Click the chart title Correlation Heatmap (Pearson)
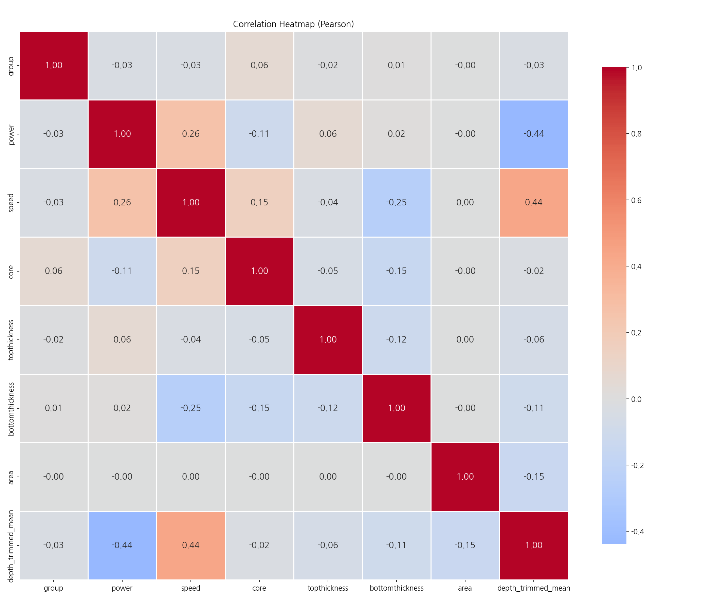(294, 24)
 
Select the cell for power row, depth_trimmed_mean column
(534, 134)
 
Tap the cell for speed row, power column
(122, 203)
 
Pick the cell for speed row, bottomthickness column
(397, 203)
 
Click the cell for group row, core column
(259, 66)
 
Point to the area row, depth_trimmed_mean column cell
(534, 477)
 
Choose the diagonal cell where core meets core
(259, 271)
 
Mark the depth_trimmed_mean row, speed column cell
(190, 545)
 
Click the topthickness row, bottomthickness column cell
(397, 339)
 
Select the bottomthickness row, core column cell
(259, 408)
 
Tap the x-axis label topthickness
(328, 588)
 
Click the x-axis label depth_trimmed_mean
(534, 588)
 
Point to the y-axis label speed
(11, 203)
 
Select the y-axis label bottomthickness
(11, 408)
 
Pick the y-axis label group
(11, 66)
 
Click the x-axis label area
(465, 588)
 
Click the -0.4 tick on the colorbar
(636, 532)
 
